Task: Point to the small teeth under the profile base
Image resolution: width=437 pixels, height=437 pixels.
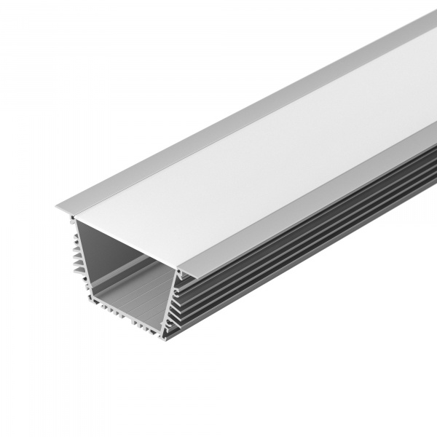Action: click(124, 321)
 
